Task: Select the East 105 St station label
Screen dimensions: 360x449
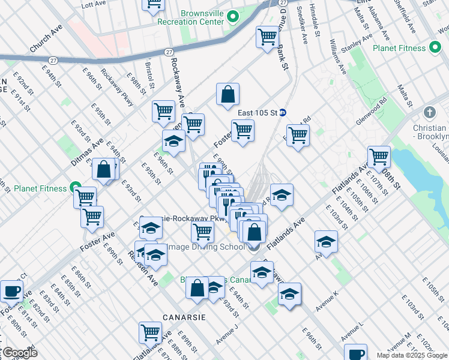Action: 257,113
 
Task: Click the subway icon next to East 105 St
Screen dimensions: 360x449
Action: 283,113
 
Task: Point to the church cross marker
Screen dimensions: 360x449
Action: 429,113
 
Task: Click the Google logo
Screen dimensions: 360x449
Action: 19,353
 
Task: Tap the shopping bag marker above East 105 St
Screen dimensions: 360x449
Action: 228,94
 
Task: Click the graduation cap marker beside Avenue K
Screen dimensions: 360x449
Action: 289,294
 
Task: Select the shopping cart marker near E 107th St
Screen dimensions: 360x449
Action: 379,157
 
